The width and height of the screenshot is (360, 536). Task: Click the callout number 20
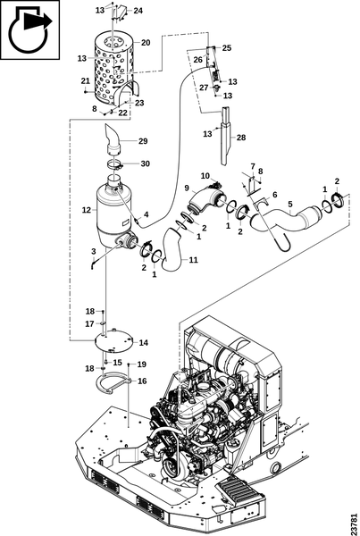146,43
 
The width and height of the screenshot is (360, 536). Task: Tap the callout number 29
143,141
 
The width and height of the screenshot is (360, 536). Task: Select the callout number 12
87,210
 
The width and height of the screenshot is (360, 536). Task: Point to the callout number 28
241,138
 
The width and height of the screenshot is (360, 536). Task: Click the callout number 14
144,342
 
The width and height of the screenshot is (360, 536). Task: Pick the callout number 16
142,381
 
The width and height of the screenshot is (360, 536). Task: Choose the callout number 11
194,260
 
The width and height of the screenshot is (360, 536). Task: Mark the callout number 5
290,204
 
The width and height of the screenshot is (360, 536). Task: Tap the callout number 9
187,188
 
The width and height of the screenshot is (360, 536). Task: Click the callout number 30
146,163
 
